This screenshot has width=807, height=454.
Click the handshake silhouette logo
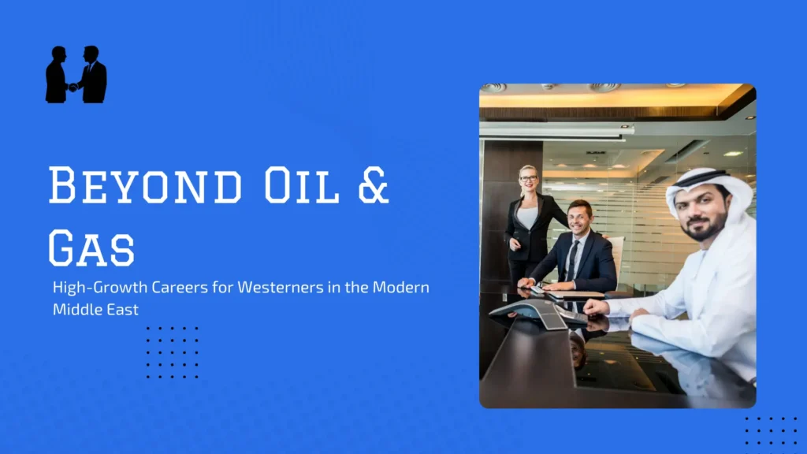(x=76, y=75)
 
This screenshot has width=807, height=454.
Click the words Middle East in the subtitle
(x=95, y=310)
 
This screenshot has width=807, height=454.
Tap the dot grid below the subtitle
(x=173, y=352)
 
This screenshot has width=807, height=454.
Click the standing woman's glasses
(x=527, y=179)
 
